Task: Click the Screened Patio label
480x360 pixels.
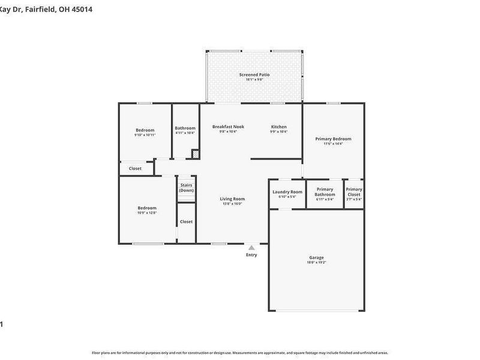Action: pyautogui.click(x=254, y=75)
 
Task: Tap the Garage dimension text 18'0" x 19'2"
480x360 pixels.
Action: pyautogui.click(x=316, y=263)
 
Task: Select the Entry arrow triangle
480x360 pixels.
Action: pyautogui.click(x=251, y=247)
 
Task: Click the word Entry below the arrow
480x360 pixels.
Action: pyautogui.click(x=251, y=255)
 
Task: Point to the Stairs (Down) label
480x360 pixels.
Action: pyautogui.click(x=186, y=188)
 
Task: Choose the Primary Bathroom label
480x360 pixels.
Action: pyautogui.click(x=325, y=192)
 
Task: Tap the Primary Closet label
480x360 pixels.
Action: pyautogui.click(x=354, y=192)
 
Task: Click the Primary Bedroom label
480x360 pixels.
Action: pyautogui.click(x=333, y=139)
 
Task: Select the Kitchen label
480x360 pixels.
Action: pyautogui.click(x=278, y=127)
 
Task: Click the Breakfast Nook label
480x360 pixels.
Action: pyautogui.click(x=228, y=127)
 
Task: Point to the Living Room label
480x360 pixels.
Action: pyautogui.click(x=232, y=199)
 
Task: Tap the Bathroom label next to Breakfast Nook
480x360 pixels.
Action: pyautogui.click(x=185, y=128)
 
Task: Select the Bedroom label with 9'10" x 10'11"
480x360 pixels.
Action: pyautogui.click(x=145, y=130)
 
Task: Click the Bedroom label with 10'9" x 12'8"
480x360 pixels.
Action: pyautogui.click(x=147, y=208)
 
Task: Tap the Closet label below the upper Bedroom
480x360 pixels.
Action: pyautogui.click(x=135, y=169)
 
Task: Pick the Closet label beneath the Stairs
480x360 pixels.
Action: pyautogui.click(x=186, y=221)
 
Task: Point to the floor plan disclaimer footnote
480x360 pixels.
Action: pyautogui.click(x=240, y=353)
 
